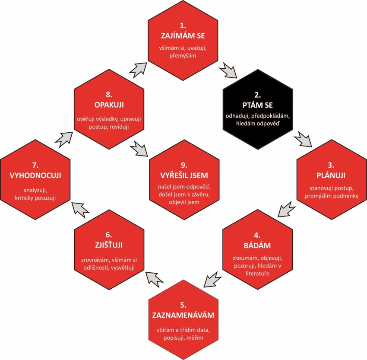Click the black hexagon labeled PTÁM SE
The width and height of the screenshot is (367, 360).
(258, 109)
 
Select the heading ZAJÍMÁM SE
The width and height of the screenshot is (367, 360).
(183, 35)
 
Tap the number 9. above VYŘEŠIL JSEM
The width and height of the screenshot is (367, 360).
(184, 165)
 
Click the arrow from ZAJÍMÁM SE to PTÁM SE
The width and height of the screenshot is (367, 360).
(228, 70)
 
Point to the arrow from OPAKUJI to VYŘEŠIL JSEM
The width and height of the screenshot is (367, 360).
(139, 149)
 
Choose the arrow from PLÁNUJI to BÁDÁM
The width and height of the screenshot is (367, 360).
(287, 209)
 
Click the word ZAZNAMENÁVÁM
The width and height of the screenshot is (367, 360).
(183, 315)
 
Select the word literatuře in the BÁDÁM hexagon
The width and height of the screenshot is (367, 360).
(257, 273)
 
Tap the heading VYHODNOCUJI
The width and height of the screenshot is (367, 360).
(35, 175)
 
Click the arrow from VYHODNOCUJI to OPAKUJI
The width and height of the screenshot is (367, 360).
(63, 140)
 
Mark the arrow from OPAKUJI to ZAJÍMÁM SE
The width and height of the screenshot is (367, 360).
(138, 70)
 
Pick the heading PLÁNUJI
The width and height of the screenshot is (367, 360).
(331, 175)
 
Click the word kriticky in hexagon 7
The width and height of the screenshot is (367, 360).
(24, 198)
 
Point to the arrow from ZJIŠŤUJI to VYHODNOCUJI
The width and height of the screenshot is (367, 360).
(80, 210)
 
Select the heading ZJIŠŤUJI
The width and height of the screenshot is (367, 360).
(109, 245)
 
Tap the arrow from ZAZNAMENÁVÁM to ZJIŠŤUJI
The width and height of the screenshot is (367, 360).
(154, 279)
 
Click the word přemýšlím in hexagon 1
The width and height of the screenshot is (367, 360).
(183, 56)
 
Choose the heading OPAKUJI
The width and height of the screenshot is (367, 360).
(109, 105)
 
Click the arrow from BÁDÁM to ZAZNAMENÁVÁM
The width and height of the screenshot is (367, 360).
(212, 279)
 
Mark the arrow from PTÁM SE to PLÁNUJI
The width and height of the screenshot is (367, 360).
(303, 139)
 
